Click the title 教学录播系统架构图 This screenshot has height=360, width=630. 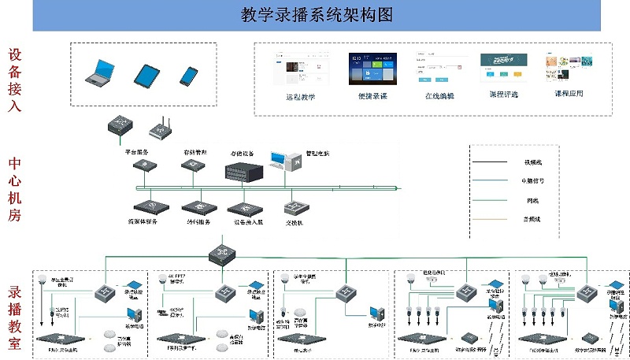click(316, 15)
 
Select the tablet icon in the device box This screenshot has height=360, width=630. click(146, 76)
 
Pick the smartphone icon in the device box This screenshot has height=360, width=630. click(188, 76)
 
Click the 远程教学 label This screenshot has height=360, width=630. click(300, 96)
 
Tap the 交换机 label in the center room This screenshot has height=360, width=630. click(295, 222)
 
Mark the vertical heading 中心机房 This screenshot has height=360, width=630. click(15, 190)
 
